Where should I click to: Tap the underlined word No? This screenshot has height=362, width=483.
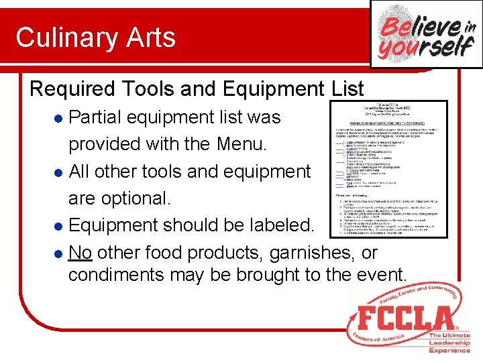click(80, 253)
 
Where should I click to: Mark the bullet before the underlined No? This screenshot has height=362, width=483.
click(58, 253)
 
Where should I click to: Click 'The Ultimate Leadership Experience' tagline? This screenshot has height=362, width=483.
click(449, 343)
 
